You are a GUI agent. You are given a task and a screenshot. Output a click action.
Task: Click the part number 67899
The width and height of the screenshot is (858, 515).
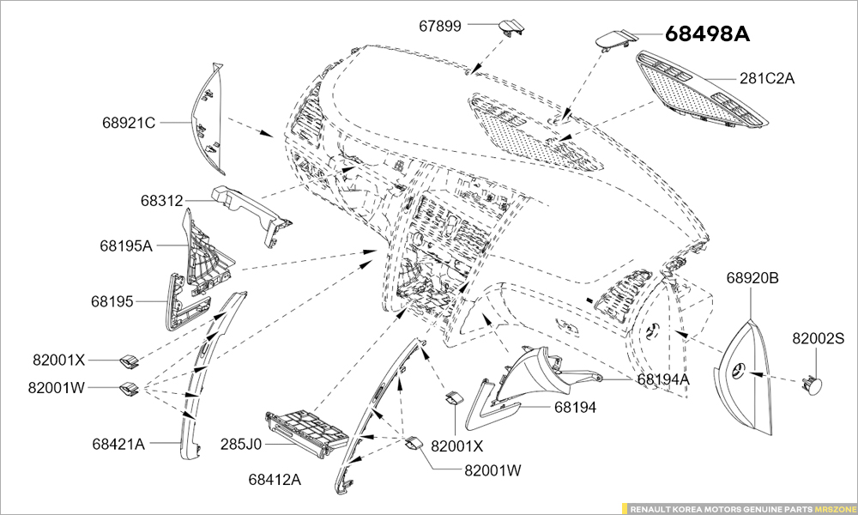point(440,27)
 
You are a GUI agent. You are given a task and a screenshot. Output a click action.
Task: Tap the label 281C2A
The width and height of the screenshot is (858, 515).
point(767,79)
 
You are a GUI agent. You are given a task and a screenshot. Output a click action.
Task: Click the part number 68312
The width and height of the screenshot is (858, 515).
point(162,201)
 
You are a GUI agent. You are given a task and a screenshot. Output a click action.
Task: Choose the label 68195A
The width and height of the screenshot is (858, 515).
point(125,245)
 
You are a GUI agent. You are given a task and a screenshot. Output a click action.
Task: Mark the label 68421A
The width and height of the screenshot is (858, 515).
point(118,444)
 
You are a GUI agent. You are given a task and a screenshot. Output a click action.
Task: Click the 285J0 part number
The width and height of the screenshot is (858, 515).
point(240,445)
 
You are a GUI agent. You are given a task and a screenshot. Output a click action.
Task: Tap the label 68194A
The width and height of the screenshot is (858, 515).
point(663,379)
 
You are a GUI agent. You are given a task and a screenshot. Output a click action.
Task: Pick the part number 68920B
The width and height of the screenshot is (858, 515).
point(752,278)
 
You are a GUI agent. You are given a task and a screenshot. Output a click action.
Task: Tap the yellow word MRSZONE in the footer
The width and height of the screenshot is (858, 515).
point(835,508)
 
